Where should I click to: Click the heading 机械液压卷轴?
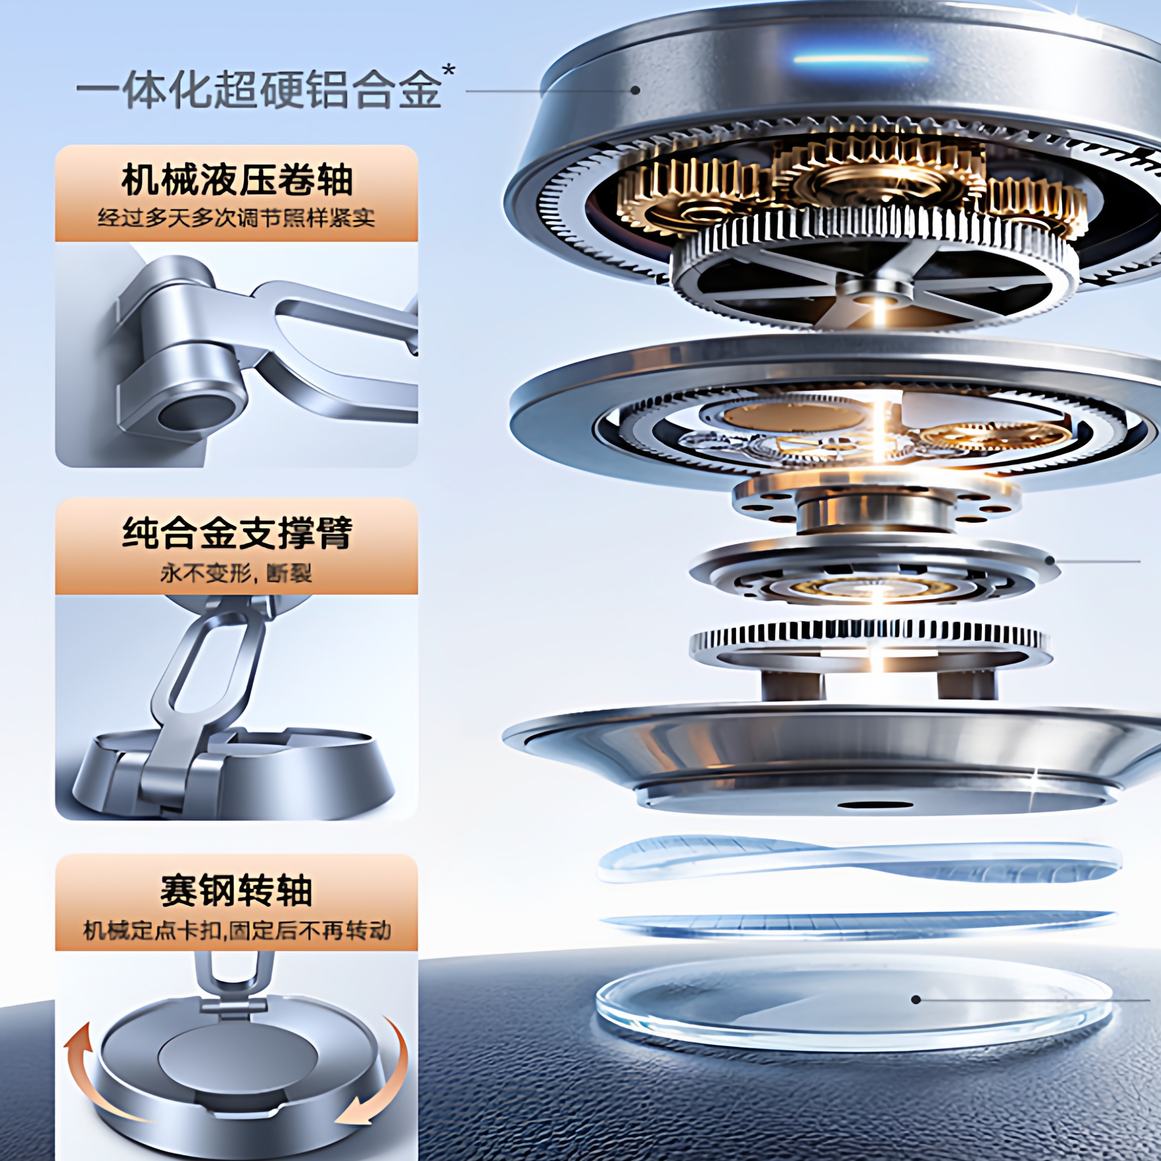[x=236, y=181]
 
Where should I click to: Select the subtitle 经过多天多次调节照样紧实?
[x=236, y=217]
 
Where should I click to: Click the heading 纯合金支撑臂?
[x=236, y=533]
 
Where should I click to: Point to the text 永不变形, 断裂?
[x=236, y=573]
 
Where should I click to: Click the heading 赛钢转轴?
[x=236, y=891]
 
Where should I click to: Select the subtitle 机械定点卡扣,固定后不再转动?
[x=236, y=931]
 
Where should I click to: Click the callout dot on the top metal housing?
[x=635, y=91]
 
